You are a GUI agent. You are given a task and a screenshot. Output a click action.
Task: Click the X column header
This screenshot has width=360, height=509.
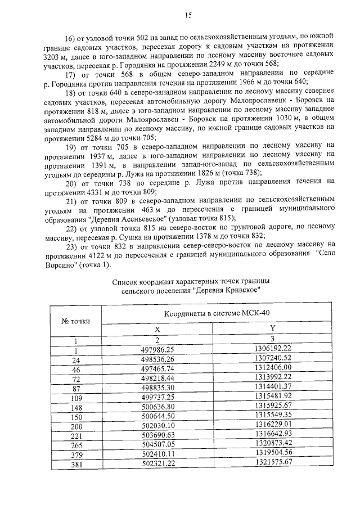pyautogui.click(x=157, y=330)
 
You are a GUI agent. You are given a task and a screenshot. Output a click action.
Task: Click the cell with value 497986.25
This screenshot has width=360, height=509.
pyautogui.click(x=158, y=349)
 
